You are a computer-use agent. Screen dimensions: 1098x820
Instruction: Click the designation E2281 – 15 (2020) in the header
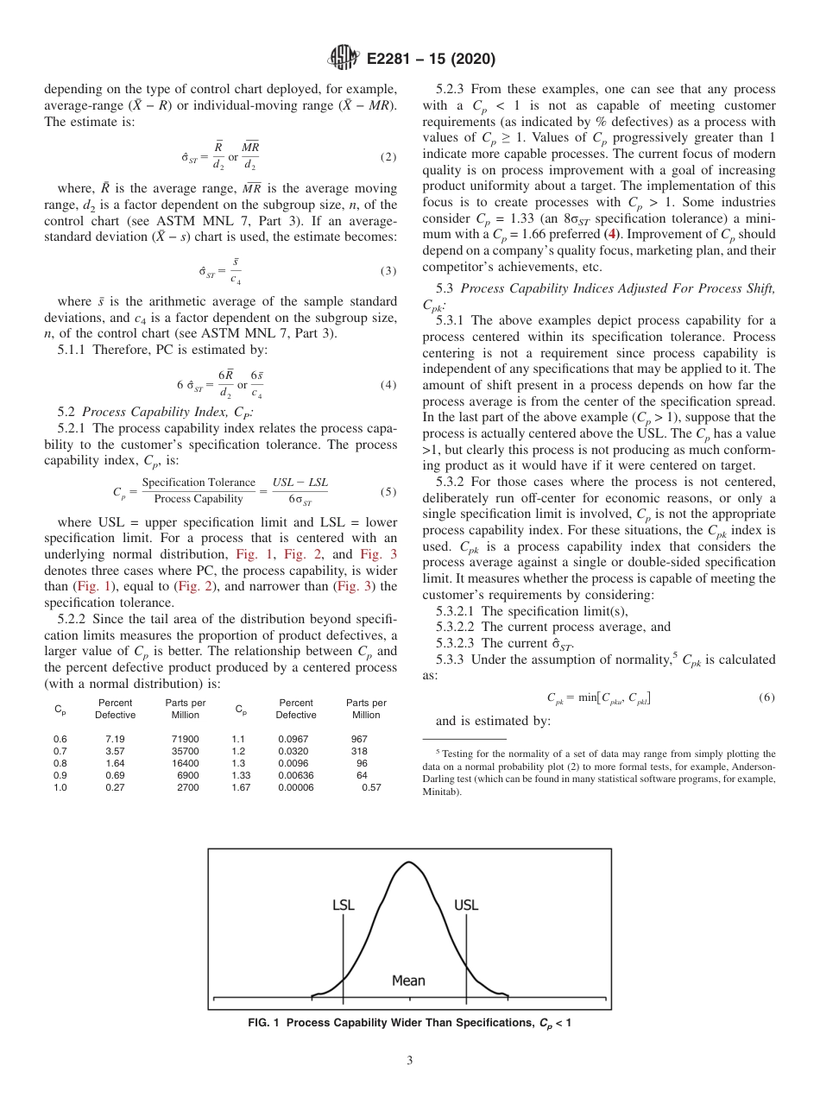tap(431, 60)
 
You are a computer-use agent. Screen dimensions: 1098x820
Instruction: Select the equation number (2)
tap(388, 158)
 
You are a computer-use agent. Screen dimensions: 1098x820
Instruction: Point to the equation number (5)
tap(388, 492)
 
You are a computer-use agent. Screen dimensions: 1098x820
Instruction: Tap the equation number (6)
tap(766, 697)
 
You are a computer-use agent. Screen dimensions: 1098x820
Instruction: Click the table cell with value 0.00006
tap(296, 787)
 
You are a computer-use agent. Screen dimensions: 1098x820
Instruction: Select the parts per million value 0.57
tap(371, 787)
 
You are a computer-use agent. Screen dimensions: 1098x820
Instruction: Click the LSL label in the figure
tap(344, 906)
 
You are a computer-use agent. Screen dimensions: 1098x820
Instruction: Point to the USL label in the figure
tap(466, 906)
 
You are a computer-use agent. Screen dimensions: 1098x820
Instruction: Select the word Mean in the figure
tap(408, 981)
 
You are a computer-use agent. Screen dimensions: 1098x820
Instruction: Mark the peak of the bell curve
tap(407, 862)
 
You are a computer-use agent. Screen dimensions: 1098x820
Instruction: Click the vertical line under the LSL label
tap(344, 958)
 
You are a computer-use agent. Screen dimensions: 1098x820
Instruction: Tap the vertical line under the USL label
tap(467, 958)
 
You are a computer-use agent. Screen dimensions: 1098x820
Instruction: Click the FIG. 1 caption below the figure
tap(409, 1023)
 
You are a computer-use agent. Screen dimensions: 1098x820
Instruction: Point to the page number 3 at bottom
tap(410, 1060)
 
